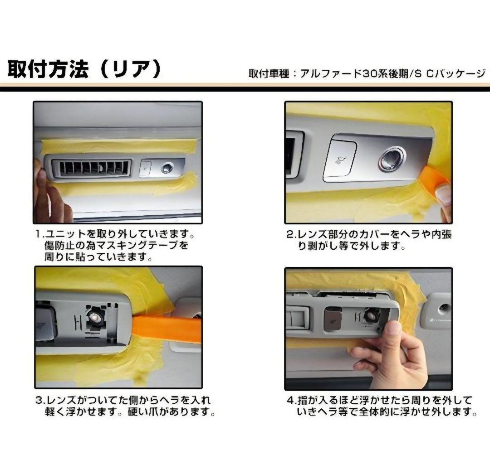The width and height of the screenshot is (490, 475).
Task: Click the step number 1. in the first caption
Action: click(x=40, y=235)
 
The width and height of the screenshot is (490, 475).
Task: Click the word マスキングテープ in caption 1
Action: click(x=143, y=246)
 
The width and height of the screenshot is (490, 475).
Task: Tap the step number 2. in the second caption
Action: click(x=291, y=235)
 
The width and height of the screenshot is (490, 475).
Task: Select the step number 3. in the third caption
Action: click(x=40, y=401)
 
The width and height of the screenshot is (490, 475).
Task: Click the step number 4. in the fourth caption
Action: click(x=291, y=401)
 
